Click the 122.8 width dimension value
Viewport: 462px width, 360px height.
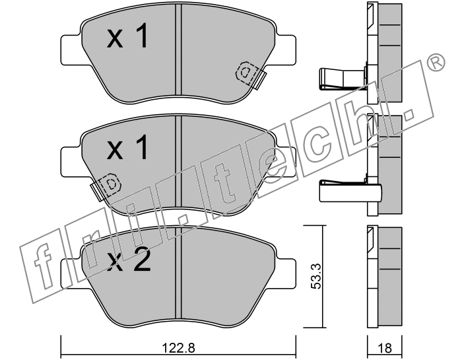point(179,349)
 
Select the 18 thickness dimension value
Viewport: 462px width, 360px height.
point(385,348)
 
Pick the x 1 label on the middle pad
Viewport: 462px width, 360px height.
point(127,147)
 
